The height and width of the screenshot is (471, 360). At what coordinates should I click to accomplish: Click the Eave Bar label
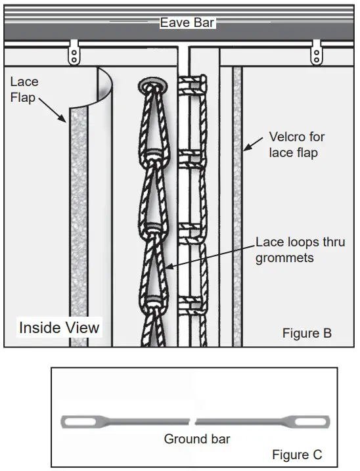188,23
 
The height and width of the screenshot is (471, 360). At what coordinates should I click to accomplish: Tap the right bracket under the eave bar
318,52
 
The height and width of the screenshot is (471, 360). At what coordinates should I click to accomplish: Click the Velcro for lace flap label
297,146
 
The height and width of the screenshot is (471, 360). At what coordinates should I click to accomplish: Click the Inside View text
59,327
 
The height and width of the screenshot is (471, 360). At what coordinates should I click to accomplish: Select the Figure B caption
307,333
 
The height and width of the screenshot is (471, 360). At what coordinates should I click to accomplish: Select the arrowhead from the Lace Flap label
64,121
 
